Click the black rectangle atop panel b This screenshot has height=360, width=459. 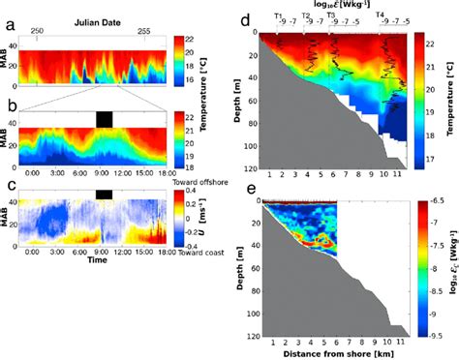pos(104,117)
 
